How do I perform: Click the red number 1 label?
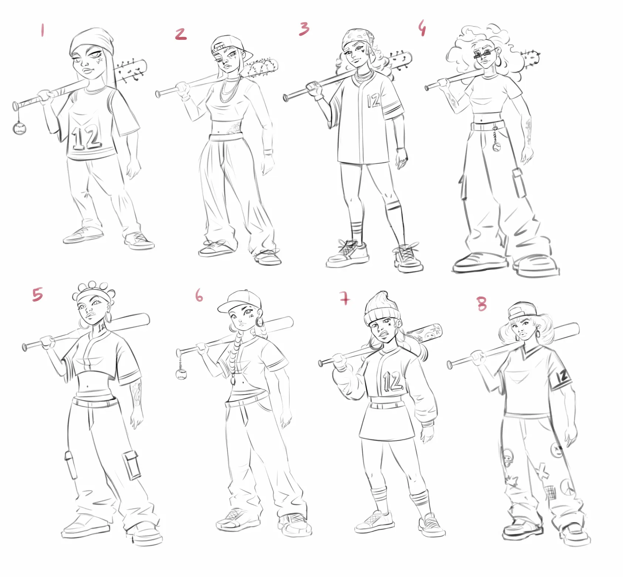coord(42,30)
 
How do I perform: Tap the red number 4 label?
coord(422,28)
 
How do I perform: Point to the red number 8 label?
coord(482,304)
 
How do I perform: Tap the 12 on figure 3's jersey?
coord(374,100)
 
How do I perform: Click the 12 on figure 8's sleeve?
coord(562,377)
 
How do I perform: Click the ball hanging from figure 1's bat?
coord(19,128)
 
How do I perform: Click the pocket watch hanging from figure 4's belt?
coord(497,147)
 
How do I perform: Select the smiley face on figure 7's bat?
coord(429,336)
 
